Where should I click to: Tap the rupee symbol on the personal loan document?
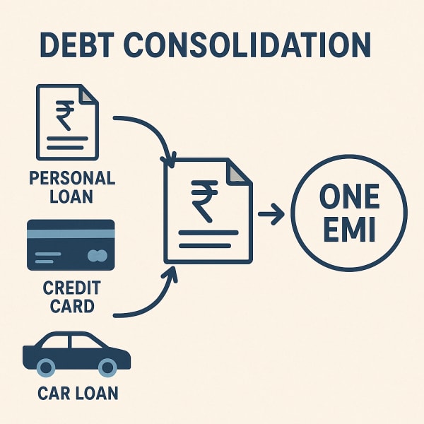[x=64, y=116]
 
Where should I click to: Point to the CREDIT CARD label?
[x=71, y=296]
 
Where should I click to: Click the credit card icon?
[x=70, y=245]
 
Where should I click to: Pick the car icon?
[x=76, y=353]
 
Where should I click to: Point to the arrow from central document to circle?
[x=269, y=212]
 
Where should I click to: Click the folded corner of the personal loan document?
[x=88, y=93]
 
